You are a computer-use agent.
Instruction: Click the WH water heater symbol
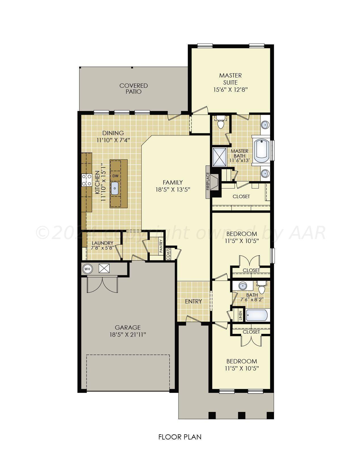click(87, 269)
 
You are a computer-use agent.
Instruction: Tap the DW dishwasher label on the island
click(115, 176)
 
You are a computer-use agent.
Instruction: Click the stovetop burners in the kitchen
click(87, 180)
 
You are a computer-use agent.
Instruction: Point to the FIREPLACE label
click(208, 181)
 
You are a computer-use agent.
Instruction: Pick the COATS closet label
click(168, 254)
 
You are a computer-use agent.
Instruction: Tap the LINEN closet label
click(241, 315)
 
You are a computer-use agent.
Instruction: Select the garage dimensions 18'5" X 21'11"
click(128, 335)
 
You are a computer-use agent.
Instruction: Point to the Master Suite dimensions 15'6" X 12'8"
click(231, 90)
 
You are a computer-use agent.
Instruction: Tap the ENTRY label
click(193, 301)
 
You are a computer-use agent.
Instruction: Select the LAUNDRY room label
click(102, 243)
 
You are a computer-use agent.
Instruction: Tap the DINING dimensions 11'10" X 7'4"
click(113, 140)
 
